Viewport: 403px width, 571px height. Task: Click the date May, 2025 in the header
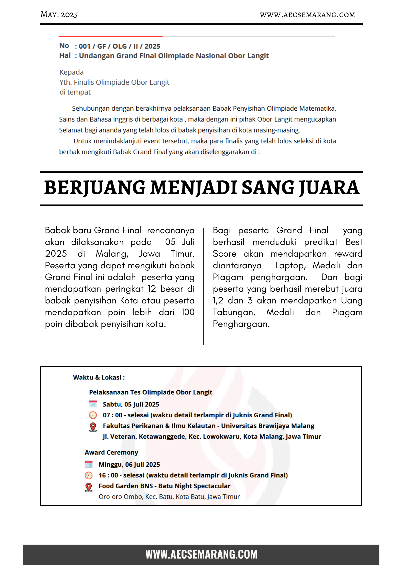click(59, 14)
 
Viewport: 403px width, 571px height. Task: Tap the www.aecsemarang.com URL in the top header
click(307, 15)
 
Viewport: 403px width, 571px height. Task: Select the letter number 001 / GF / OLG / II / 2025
click(119, 46)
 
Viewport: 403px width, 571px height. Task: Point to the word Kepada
click(71, 72)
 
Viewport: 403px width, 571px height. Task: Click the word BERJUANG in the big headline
click(95, 188)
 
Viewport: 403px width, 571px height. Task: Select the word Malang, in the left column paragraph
click(112, 254)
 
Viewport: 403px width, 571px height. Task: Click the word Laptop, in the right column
click(291, 266)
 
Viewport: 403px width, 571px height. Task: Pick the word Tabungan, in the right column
click(234, 312)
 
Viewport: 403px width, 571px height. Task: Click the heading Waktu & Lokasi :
click(99, 377)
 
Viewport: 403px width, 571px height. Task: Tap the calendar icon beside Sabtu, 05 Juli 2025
click(93, 404)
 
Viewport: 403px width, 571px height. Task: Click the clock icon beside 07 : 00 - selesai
click(93, 415)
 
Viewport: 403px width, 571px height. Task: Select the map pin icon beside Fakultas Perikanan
click(93, 427)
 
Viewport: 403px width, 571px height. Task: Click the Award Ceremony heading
click(111, 452)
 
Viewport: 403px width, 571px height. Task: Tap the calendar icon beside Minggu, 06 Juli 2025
click(89, 464)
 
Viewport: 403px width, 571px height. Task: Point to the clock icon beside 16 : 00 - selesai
click(89, 475)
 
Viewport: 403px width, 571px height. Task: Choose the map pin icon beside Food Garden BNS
click(89, 487)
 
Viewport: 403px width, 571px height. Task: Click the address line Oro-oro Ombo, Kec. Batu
click(169, 497)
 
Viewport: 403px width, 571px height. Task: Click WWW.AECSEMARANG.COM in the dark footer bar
click(201, 554)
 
